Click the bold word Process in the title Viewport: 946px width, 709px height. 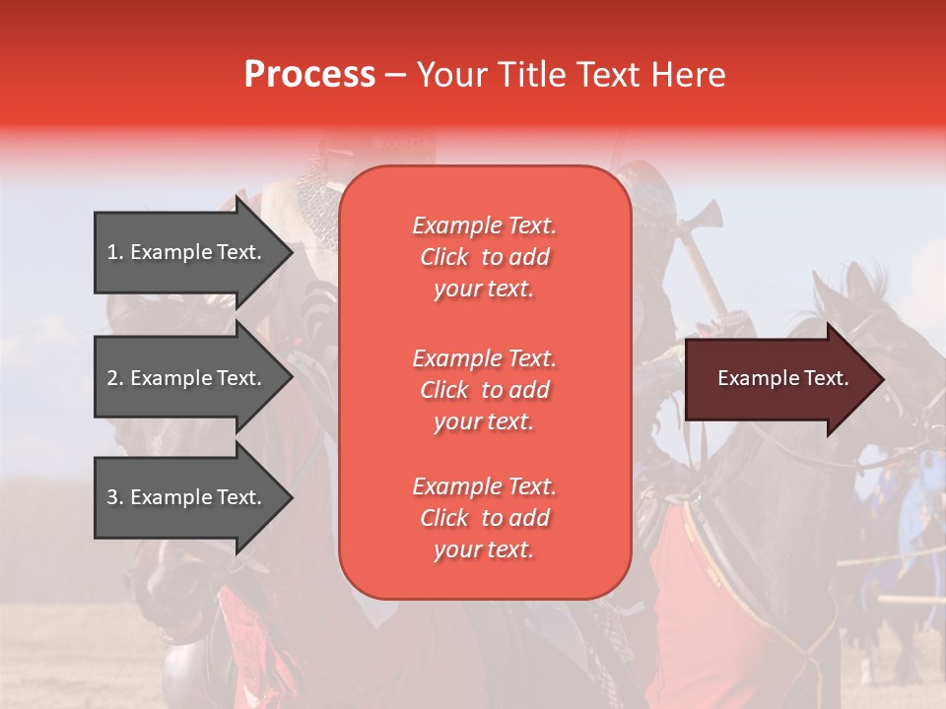(309, 75)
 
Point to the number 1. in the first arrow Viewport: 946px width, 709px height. (115, 252)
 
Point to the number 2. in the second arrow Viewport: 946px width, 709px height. (115, 378)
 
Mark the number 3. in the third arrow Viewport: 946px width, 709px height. (115, 497)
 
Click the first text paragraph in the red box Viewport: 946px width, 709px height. (484, 257)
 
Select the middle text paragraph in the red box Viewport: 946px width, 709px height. (484, 390)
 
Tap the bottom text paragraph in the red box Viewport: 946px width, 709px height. (484, 518)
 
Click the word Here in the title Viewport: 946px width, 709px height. (692, 75)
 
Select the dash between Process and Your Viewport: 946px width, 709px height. (395, 75)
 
